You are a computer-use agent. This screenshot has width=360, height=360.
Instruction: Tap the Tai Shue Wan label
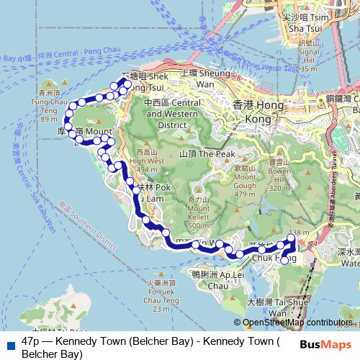click(268, 309)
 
